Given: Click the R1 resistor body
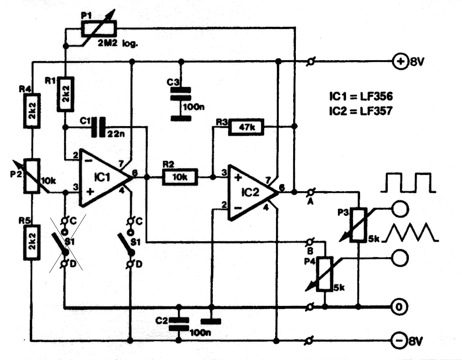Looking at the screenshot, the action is coord(65,94).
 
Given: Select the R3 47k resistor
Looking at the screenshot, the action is coord(246,127).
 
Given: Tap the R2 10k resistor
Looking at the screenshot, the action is coord(180,177).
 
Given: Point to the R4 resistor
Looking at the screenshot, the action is coord(32,111).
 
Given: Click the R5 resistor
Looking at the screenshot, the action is coord(32,242).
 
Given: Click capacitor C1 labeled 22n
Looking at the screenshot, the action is coord(98,127).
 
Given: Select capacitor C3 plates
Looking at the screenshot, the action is coord(181,94).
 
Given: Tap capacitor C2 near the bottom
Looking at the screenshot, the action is coord(178,324).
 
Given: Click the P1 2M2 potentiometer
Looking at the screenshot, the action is coord(99,29).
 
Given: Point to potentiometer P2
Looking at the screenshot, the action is coord(32,176).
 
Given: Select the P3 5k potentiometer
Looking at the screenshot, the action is coord(358,225).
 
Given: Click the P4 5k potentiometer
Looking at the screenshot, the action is coord(325,274).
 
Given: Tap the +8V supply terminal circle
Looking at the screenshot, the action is coord(400,62).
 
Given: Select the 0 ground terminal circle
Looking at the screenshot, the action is coord(399,307).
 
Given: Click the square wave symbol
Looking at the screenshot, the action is coord(408,183).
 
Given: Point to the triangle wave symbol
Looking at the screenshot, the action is coord(411,232).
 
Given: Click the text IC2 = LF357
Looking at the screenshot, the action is coord(360,111).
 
